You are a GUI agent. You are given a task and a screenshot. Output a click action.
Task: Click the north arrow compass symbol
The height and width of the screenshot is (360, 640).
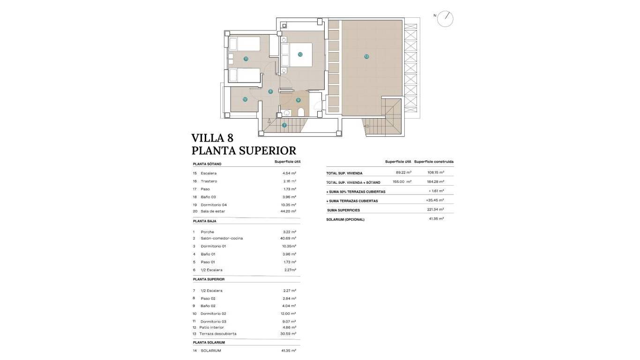pyautogui.click(x=445, y=19)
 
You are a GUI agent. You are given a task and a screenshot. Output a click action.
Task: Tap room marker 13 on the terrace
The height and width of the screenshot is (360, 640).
pyautogui.click(x=366, y=57)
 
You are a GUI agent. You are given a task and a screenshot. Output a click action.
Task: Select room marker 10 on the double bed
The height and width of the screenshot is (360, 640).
pyautogui.click(x=300, y=54)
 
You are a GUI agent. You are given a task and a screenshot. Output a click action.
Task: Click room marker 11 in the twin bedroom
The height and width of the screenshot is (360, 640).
pyautogui.click(x=246, y=59)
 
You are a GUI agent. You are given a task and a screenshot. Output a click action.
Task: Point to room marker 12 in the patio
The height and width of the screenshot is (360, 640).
pyautogui.click(x=245, y=99)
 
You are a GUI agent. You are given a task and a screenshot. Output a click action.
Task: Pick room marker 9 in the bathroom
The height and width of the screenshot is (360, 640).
pyautogui.click(x=298, y=100)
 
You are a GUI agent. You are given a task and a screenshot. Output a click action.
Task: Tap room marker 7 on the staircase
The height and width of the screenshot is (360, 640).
pyautogui.click(x=284, y=125)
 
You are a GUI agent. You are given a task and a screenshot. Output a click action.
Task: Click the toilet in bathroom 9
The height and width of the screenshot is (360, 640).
pyautogui.click(x=301, y=112)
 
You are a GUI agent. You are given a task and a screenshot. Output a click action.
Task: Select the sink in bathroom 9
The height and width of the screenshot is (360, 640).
pyautogui.click(x=286, y=112)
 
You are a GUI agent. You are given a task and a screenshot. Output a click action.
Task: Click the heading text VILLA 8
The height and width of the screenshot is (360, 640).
pyautogui.click(x=212, y=138)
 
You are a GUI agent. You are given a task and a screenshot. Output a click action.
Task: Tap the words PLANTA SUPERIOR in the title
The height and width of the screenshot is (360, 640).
pyautogui.click(x=244, y=150)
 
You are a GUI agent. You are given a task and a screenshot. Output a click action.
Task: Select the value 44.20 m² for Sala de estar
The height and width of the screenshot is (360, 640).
pyautogui.click(x=288, y=211)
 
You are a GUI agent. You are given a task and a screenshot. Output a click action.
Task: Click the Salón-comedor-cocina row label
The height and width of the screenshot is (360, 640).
pyautogui.click(x=222, y=239)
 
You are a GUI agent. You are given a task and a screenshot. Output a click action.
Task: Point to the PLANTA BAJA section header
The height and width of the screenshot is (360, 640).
pyautogui.click(x=204, y=221)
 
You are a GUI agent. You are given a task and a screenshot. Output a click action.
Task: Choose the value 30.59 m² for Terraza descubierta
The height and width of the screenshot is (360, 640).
pyautogui.click(x=288, y=334)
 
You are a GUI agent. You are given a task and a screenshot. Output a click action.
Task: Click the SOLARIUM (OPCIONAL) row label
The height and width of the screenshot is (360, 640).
pyautogui.click(x=345, y=219)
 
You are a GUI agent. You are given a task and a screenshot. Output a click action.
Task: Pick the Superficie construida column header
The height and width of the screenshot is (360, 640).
pyautogui.click(x=433, y=162)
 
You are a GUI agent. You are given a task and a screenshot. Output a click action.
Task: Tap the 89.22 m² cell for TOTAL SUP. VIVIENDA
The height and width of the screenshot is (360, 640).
pyautogui.click(x=403, y=172)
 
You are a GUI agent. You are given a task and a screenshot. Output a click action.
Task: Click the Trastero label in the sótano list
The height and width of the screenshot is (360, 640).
pyautogui.click(x=208, y=181)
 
